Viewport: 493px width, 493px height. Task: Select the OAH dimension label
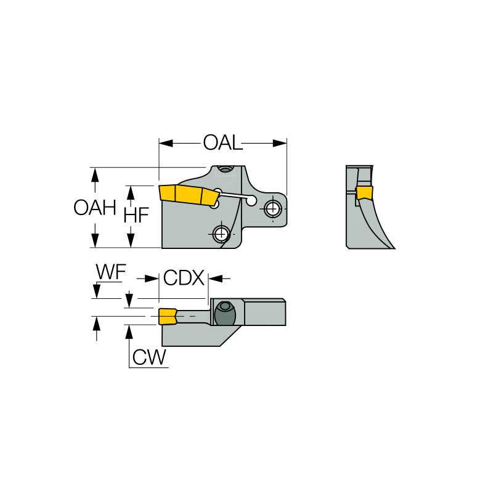(95, 208)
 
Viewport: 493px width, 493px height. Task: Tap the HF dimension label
(136, 215)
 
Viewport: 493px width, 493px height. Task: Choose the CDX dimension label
(183, 279)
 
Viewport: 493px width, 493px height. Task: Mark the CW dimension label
(150, 357)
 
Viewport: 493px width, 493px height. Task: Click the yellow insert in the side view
(188, 195)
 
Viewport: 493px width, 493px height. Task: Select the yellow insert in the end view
(365, 193)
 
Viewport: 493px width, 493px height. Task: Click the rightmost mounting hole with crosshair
(272, 208)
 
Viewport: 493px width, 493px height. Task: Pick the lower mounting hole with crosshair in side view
(220, 234)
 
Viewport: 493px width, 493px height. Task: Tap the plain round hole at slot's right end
(251, 200)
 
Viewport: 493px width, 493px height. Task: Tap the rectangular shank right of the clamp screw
(265, 312)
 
